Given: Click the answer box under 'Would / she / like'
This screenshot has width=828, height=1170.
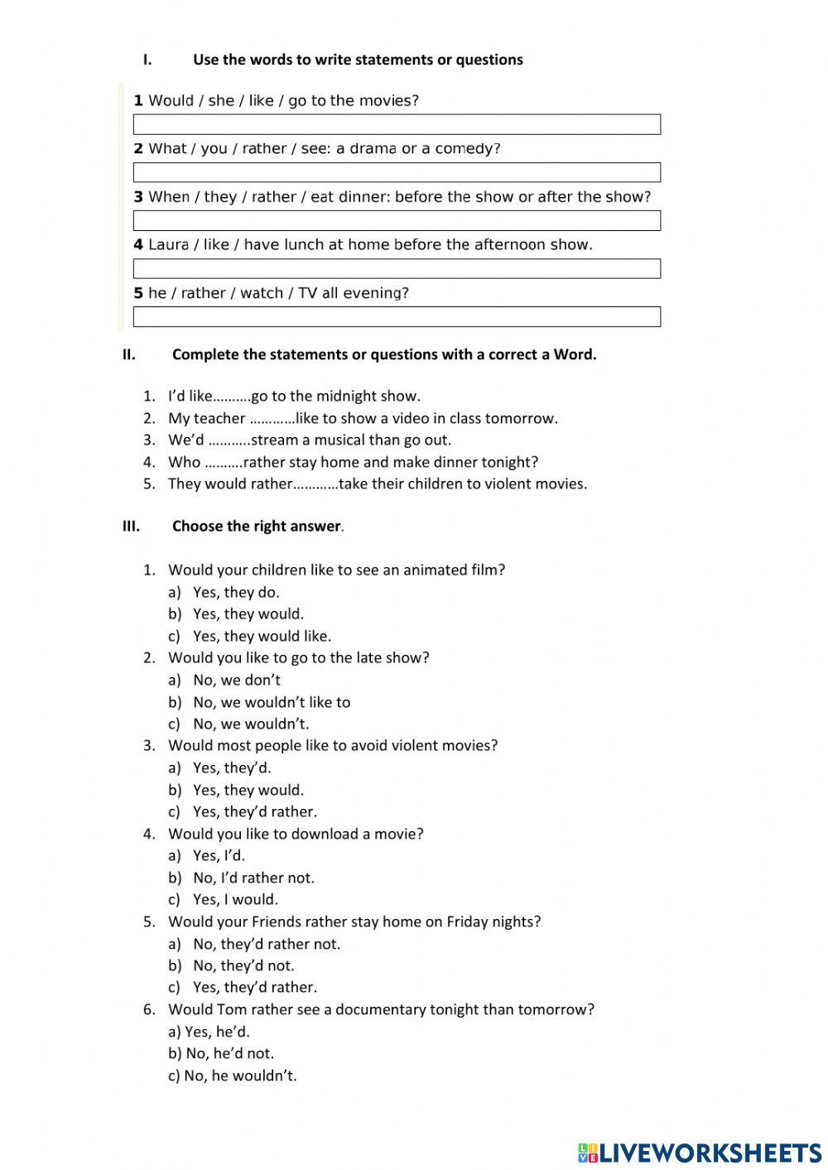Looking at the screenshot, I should coord(397,124).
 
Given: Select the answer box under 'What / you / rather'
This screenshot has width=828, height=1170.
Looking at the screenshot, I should coord(397,172).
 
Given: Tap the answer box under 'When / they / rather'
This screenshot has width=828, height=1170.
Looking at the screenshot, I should coord(397,220).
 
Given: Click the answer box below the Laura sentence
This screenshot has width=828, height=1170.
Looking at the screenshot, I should coord(397,268).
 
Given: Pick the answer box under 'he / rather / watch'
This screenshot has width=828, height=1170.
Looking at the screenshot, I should coord(397,316).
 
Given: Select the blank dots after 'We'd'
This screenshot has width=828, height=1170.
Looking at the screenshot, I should coord(229,441).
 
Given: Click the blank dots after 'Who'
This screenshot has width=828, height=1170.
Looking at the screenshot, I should coord(224,463).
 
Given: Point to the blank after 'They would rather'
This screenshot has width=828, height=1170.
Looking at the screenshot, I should coord(315,484).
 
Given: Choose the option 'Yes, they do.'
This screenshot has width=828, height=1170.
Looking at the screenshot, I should coord(236,592).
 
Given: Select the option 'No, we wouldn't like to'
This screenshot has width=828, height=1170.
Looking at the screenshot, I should coord(272,702).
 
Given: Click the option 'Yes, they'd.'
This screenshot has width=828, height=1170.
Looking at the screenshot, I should coord(232,768).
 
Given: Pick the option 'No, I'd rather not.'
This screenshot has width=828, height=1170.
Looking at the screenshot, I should coord(253,878).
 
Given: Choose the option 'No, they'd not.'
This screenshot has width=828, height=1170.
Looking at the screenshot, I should coord(243,965).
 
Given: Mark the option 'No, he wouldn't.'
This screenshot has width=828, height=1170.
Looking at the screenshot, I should coord(240,1076).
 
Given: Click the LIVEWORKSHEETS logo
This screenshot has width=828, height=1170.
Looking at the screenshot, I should coord(700,1152).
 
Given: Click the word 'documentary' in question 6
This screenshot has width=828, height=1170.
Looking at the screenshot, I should coord(376,1009).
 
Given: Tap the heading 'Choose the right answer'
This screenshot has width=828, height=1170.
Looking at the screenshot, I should coord(256,527).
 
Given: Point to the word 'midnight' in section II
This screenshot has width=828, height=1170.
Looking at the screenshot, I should coord(346,397).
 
